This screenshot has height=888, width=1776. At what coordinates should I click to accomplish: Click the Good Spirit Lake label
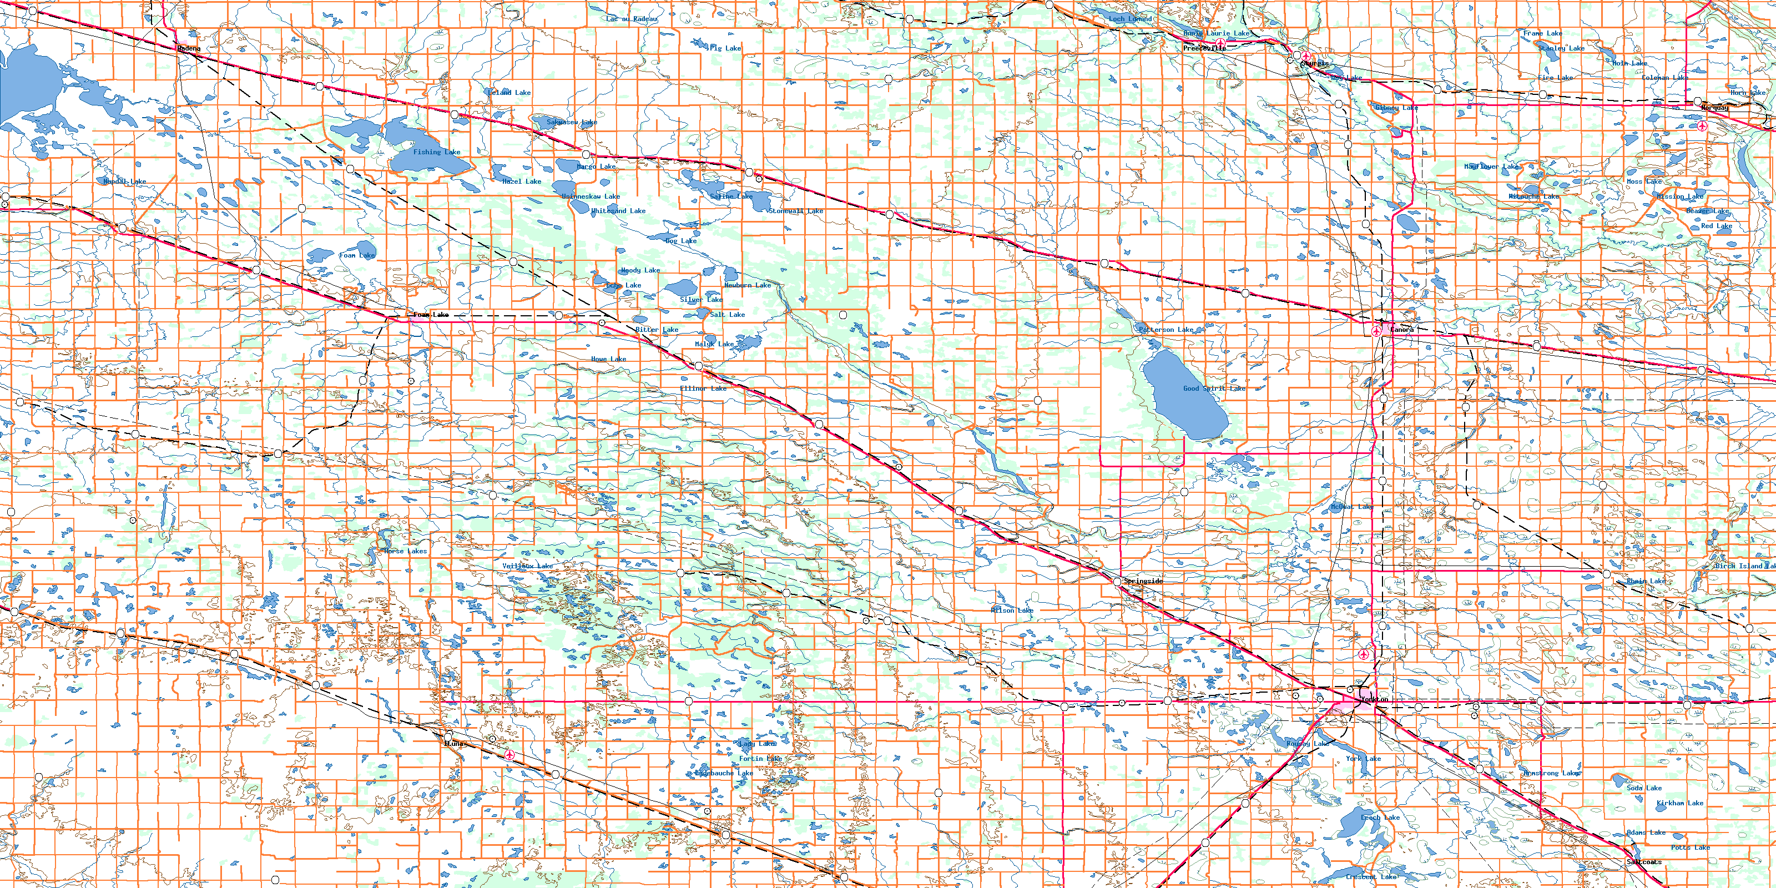coord(1214,388)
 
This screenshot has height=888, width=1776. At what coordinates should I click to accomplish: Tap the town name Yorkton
coord(1374,699)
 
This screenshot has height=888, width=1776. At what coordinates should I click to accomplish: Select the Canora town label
coord(1401,330)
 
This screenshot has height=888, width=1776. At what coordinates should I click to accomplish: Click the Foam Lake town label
coord(431,314)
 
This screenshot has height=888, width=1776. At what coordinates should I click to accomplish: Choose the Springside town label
coord(1143,581)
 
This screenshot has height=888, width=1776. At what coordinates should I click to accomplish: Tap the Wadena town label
coord(188,48)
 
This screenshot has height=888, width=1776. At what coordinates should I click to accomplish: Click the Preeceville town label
coord(1204,48)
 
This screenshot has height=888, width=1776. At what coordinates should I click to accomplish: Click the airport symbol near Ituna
coord(509,755)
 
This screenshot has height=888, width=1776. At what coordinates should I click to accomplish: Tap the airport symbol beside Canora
coord(1377,332)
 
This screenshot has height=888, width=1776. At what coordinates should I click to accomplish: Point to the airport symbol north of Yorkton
coord(1364,654)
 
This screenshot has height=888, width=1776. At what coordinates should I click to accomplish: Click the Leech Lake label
coord(1380,818)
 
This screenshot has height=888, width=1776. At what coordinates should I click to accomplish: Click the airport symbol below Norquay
coord(1703,126)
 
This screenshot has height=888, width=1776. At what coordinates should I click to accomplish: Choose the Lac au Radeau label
coord(632,19)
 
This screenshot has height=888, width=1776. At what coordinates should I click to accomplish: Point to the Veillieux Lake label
coord(527,566)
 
